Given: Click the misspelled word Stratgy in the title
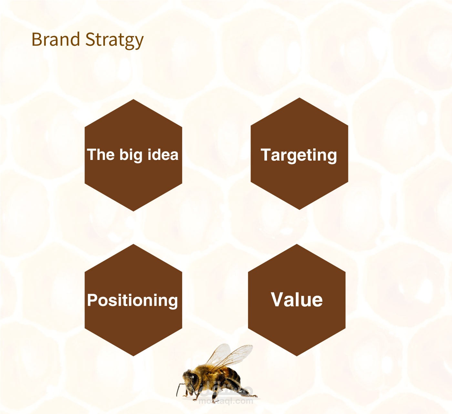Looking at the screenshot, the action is pos(115,41).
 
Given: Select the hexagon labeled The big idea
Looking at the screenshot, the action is pos(133,155).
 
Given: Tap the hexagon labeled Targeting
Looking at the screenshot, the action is pos(299,153).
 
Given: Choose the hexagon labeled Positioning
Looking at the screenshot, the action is pos(133,300).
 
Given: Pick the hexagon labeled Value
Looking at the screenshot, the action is pos(297,300).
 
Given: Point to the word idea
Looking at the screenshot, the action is pos(163,154).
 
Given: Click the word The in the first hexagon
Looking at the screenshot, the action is pos(101,154).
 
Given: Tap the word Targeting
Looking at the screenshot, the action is pos(299,155).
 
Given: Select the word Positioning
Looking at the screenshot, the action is pos(132,301).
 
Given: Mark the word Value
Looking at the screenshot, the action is pos(297,300).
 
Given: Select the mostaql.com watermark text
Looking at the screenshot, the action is pos(226,401).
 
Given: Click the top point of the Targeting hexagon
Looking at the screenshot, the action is pos(300,98).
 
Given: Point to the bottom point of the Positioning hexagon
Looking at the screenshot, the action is pos(133,356).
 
